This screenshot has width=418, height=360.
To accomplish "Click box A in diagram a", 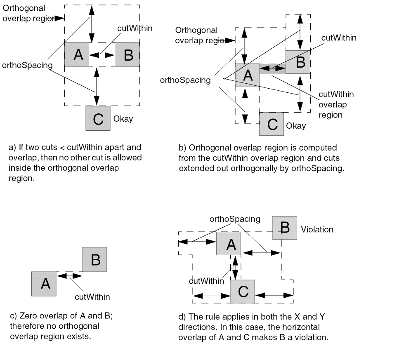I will click(x=77, y=54).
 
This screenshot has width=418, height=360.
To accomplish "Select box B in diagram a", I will click(x=127, y=54).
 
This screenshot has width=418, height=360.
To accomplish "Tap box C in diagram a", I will click(x=98, y=118).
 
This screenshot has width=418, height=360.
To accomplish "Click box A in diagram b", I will click(x=247, y=75).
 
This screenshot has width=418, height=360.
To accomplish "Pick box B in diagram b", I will click(x=298, y=62).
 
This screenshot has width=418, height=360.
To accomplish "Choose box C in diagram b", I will click(x=272, y=124).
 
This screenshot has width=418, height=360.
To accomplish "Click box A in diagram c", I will click(x=44, y=284).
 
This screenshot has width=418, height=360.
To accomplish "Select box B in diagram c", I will click(x=94, y=259).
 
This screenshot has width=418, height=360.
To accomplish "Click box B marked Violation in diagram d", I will click(x=284, y=228).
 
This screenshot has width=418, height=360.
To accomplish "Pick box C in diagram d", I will click(x=242, y=291).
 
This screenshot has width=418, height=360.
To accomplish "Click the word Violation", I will click(x=317, y=229).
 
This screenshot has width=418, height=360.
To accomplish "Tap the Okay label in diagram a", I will click(x=123, y=119).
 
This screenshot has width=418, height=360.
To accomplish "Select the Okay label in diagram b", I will click(x=296, y=126).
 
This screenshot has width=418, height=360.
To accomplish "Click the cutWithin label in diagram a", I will click(x=135, y=28).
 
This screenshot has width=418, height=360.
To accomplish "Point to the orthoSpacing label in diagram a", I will click(x=27, y=65).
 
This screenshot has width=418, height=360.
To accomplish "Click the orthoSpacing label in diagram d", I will click(x=235, y=219).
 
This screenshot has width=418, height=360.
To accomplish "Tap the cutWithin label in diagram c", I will click(x=92, y=296).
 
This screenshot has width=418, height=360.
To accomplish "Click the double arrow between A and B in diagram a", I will click(x=102, y=55).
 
